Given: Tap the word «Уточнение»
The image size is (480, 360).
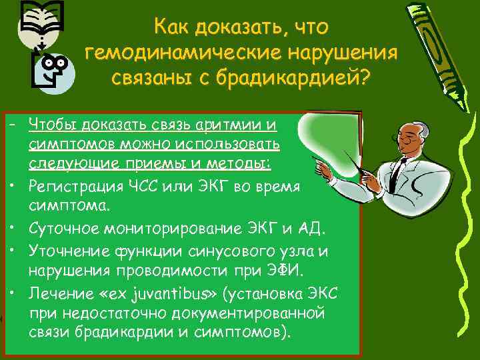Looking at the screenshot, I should coord(64,253).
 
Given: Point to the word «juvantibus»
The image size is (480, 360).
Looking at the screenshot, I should coord(173,293).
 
